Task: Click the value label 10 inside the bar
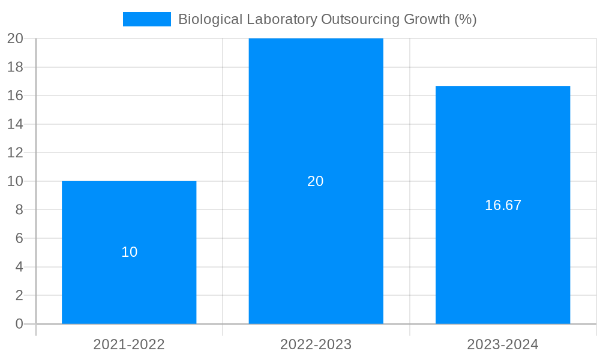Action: pyautogui.click(x=129, y=252)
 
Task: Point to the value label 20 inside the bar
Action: pyautogui.click(x=316, y=181)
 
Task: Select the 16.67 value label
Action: pyautogui.click(x=503, y=205)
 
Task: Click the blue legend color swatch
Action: pyautogui.click(x=147, y=19)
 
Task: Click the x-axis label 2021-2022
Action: pyautogui.click(x=129, y=344)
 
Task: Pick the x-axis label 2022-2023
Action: pyautogui.click(x=316, y=344)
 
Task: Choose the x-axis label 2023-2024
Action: pyautogui.click(x=503, y=344)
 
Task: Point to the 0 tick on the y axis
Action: pyautogui.click(x=19, y=324)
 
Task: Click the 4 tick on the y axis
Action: pyautogui.click(x=19, y=267)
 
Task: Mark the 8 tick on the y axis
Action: pyautogui.click(x=19, y=210)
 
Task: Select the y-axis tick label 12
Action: pyautogui.click(x=15, y=152)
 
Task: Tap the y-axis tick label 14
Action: pyautogui.click(x=15, y=124)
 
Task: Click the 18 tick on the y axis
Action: pyautogui.click(x=15, y=67)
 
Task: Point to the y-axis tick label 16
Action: pyautogui.click(x=15, y=95)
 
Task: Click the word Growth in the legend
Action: pyautogui.click(x=426, y=19)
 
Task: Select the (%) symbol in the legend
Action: pyautogui.click(x=465, y=19)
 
